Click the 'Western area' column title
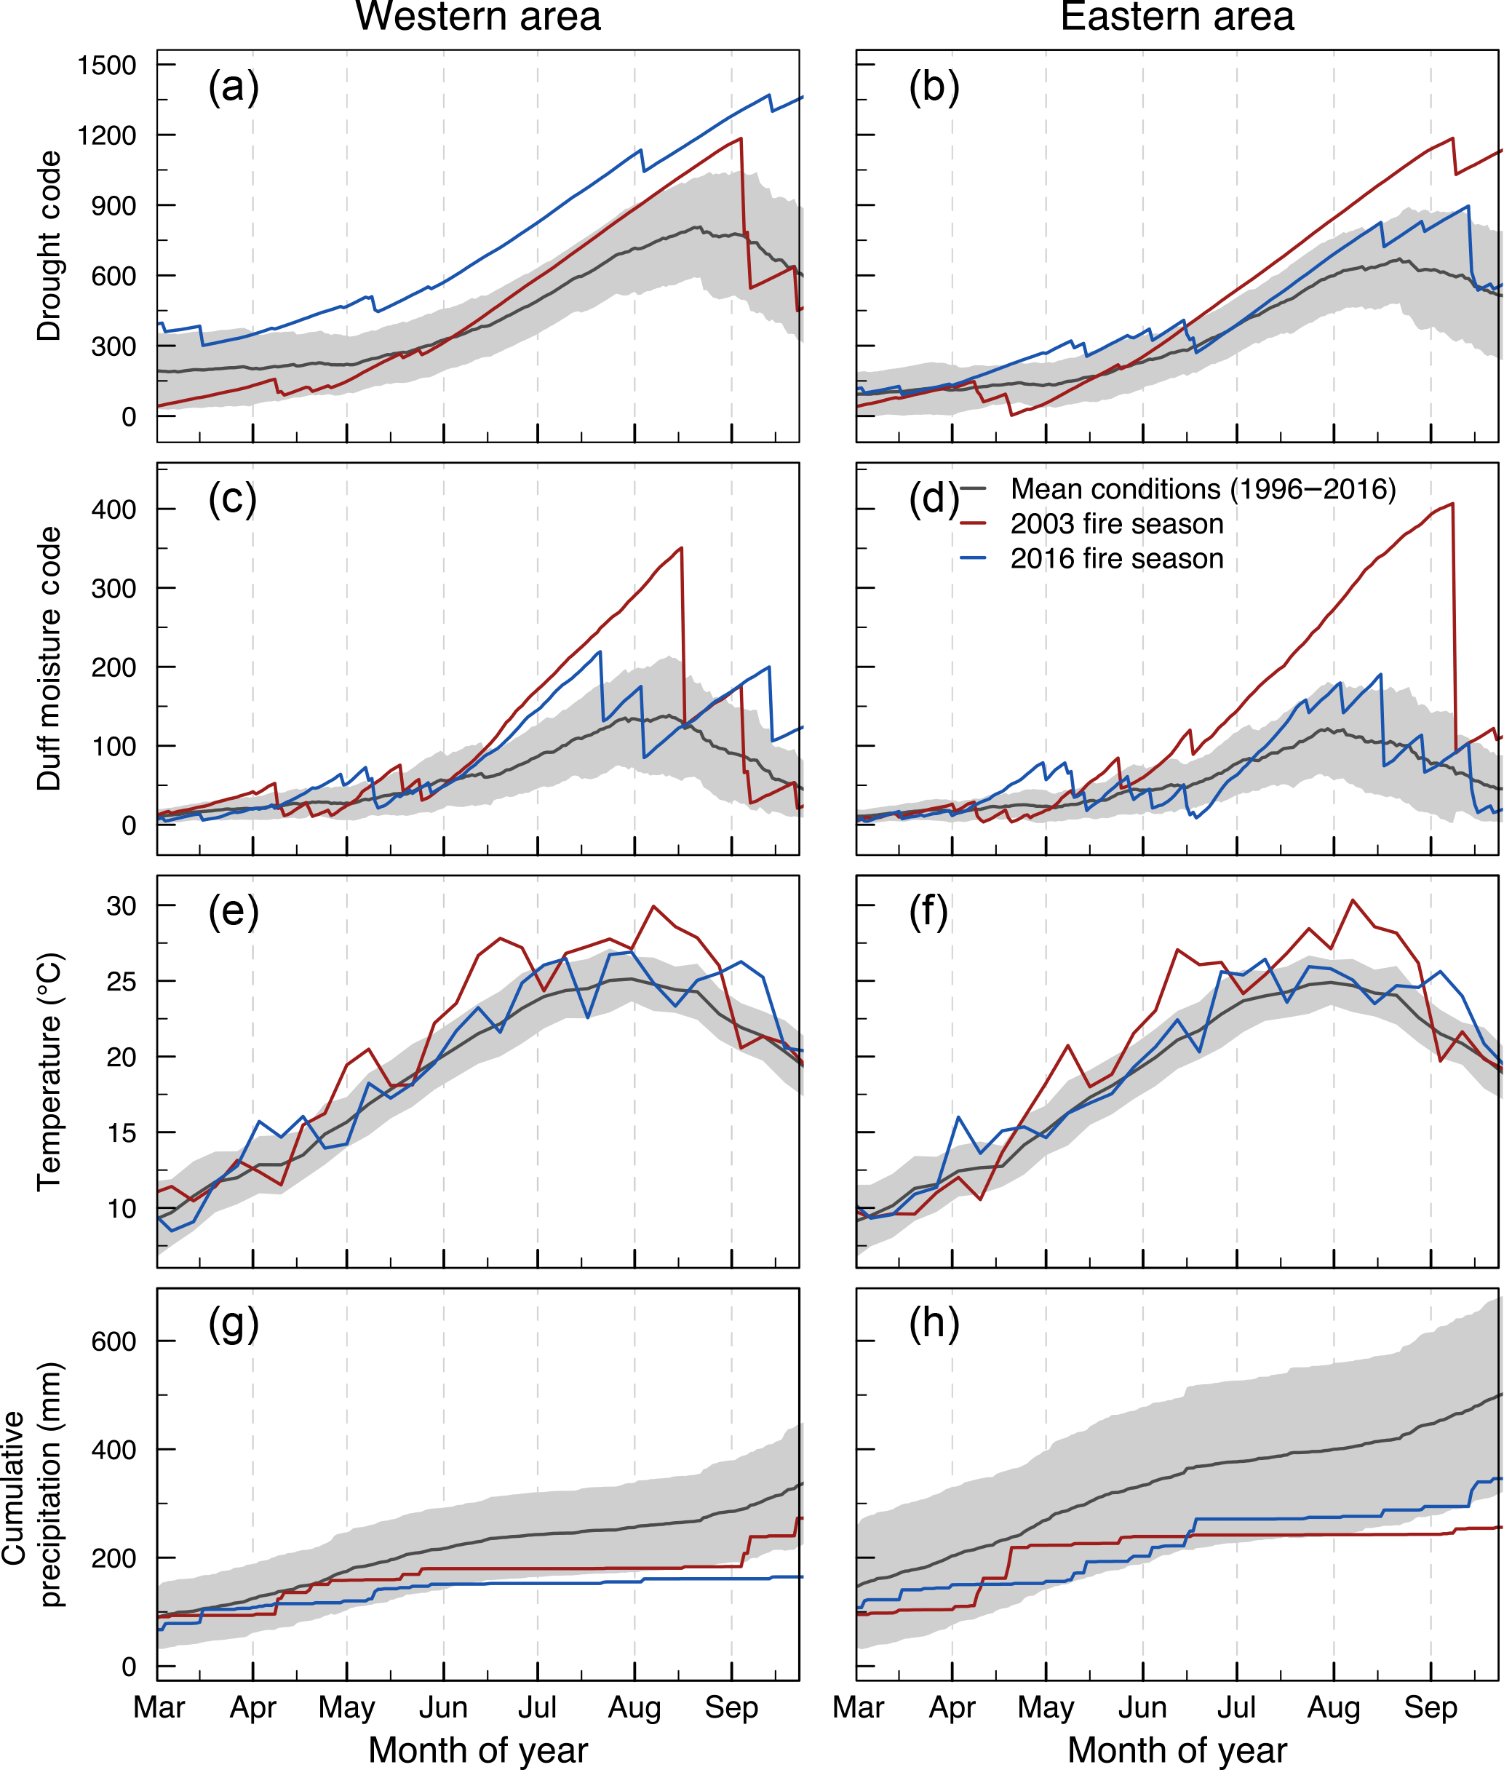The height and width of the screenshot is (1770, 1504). (477, 17)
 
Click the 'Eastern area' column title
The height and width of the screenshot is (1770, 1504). (1177, 17)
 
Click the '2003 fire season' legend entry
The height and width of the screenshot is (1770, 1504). (1116, 523)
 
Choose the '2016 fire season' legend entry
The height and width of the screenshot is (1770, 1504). (1116, 558)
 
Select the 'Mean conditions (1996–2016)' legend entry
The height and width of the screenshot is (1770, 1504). (1202, 488)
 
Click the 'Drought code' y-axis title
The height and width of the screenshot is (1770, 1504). (49, 247)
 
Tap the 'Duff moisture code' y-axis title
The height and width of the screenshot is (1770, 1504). (49, 658)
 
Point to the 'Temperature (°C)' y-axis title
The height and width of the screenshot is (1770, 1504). (49, 1071)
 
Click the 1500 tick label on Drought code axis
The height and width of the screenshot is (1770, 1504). (106, 65)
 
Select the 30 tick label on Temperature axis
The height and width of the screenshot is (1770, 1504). (121, 905)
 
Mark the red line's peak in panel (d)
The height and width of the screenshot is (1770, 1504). (1452, 503)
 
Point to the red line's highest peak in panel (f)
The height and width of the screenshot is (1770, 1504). (1352, 900)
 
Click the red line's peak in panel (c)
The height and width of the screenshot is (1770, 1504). (681, 547)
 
